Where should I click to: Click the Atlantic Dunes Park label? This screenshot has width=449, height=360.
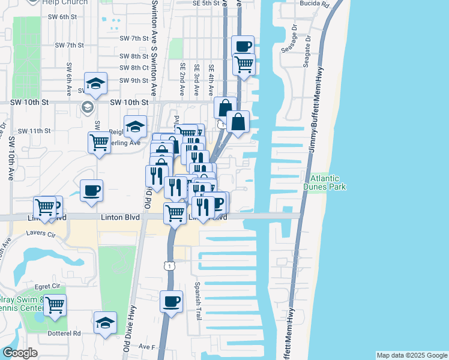[325, 182]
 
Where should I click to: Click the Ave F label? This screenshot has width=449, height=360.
[147, 347]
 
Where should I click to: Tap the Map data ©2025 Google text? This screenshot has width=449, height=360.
[411, 355]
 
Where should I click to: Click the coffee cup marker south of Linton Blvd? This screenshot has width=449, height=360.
[171, 300]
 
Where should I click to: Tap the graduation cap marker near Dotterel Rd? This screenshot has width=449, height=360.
[105, 322]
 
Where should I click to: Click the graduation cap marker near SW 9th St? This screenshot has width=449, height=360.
[95, 83]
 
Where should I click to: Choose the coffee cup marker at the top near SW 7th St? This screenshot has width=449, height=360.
[243, 46]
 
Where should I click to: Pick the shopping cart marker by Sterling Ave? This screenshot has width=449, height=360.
[98, 142]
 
